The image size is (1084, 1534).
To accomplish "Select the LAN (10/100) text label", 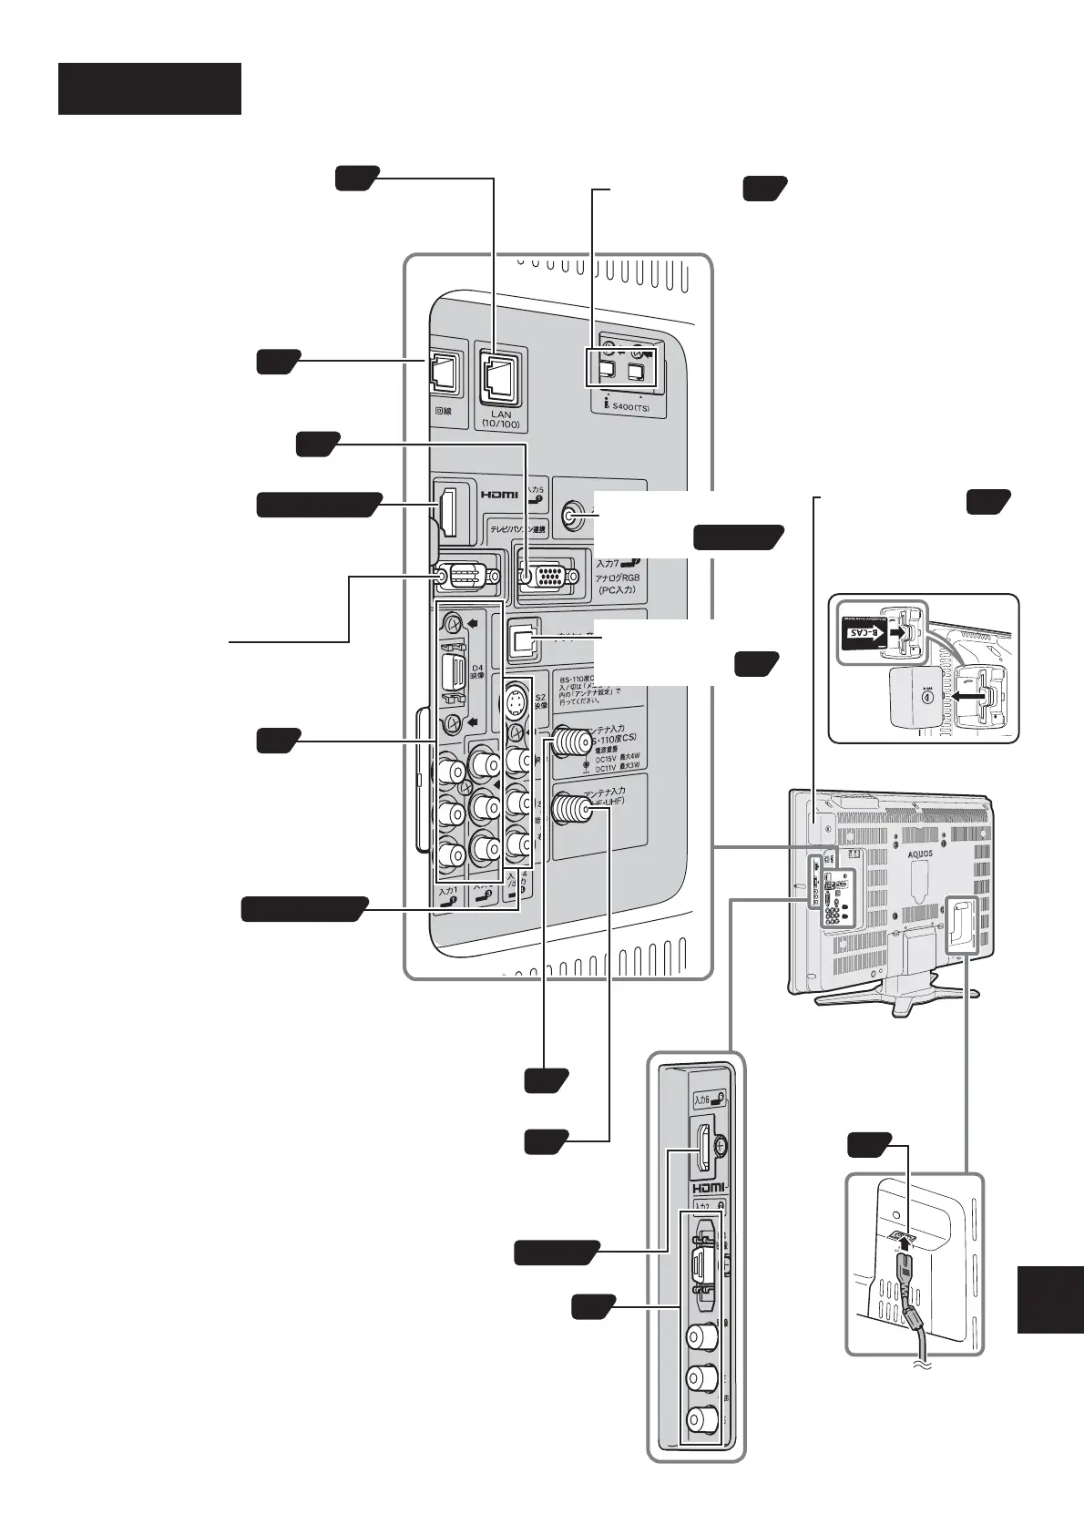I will point(501,419).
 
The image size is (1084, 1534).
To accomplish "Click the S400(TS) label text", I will point(633,409).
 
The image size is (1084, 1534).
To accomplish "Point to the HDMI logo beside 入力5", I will point(499,494).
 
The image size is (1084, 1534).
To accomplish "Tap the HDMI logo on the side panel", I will point(707,1188).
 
